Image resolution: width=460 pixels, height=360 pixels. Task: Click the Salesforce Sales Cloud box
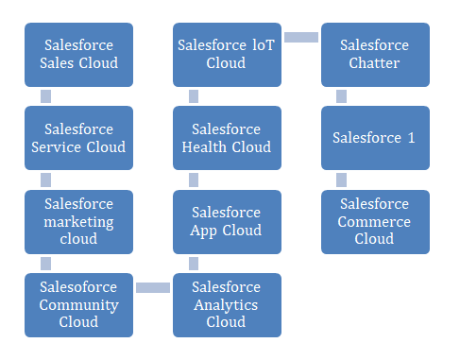78,55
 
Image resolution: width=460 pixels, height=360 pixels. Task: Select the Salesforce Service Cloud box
78,138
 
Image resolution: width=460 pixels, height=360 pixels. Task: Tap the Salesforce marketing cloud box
78,222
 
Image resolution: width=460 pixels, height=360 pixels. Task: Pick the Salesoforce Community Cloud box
78,305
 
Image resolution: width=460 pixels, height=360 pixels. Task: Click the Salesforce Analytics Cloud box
227,305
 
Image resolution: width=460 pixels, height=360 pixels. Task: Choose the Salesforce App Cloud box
227,222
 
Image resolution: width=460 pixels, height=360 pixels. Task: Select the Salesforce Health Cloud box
227,138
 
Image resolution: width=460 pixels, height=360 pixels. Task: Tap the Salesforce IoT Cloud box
227,55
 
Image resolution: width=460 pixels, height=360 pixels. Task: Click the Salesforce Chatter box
375,55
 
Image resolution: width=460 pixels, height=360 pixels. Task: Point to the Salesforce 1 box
375,138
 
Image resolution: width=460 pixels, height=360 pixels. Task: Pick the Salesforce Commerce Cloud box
375,222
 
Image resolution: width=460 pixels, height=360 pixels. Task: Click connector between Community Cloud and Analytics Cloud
153,287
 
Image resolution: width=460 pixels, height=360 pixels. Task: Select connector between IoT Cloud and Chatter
301,37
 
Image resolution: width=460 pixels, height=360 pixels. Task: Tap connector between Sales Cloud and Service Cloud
45,96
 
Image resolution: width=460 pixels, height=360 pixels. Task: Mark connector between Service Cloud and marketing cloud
45,180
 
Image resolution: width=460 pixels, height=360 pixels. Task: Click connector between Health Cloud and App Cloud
194,180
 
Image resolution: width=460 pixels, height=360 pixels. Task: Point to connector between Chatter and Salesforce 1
341,96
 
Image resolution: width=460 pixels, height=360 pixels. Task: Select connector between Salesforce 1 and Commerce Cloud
341,180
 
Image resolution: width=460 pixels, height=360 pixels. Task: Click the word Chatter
375,63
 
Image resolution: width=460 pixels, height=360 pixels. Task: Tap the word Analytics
227,305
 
